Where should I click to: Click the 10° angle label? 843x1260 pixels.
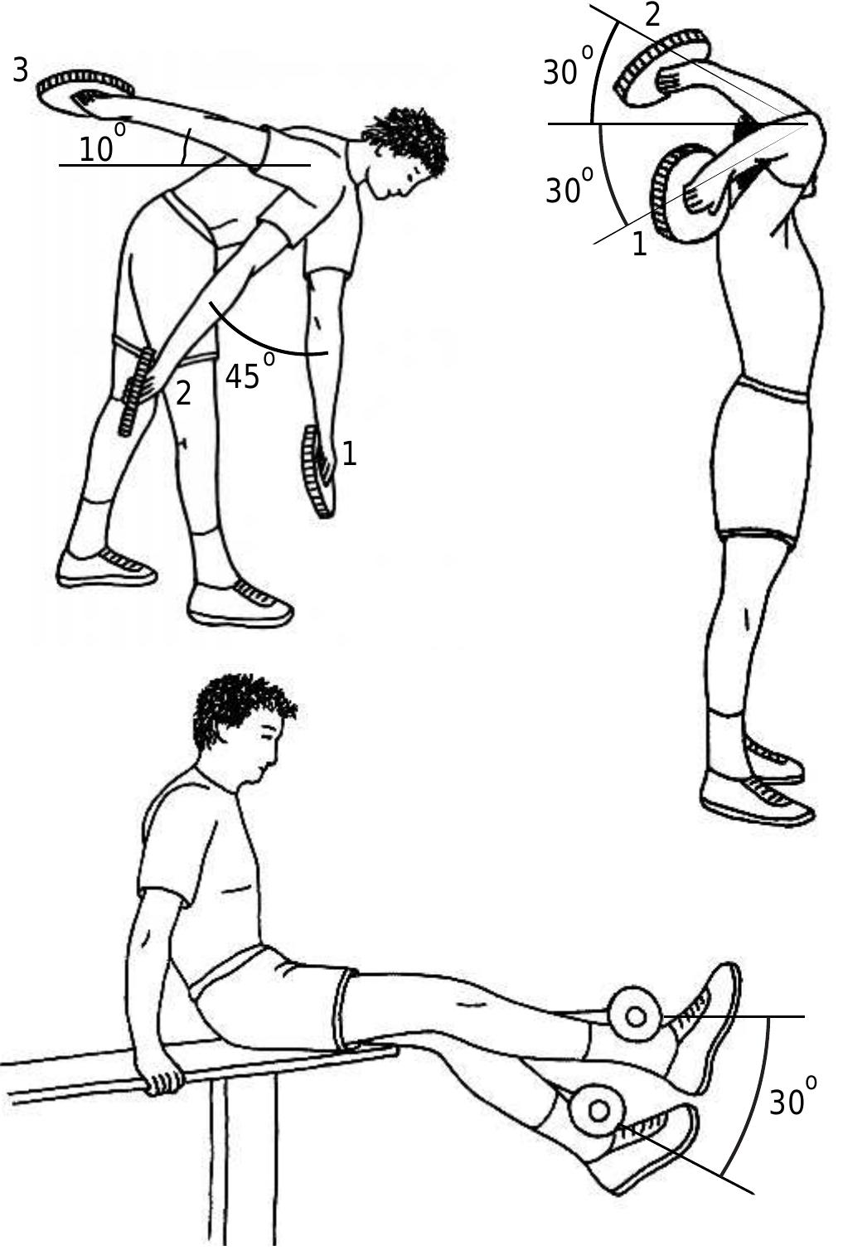[102, 144]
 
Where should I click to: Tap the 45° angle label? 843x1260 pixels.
[250, 371]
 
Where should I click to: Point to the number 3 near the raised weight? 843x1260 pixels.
[20, 72]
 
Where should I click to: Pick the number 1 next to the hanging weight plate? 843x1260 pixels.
[350, 453]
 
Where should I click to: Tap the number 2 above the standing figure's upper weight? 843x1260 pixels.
[652, 16]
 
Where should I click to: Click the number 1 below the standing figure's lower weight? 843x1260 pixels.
[639, 244]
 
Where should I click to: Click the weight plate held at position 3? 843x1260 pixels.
[85, 93]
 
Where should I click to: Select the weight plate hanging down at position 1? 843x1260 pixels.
[318, 472]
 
